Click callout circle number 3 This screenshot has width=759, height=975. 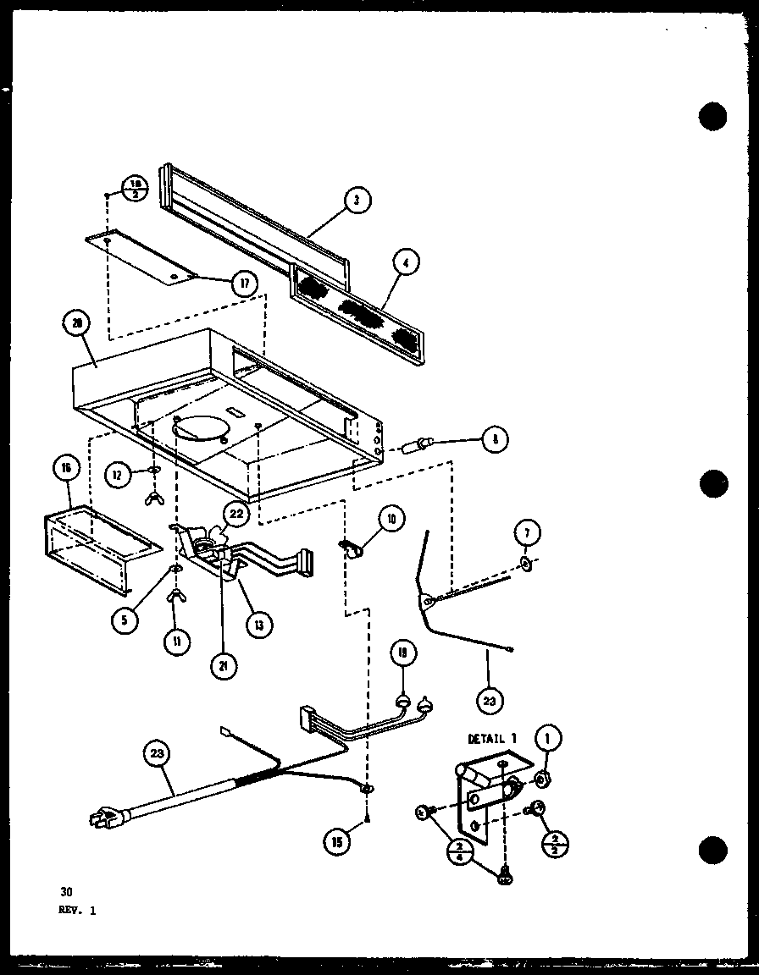(x=357, y=201)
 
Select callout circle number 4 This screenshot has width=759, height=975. (x=406, y=264)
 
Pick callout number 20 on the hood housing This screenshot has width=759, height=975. (x=78, y=323)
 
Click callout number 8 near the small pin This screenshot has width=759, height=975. (x=493, y=438)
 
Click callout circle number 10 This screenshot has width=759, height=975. (x=391, y=519)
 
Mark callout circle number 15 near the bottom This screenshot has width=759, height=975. (x=337, y=841)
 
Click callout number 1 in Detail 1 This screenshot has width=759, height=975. (x=546, y=739)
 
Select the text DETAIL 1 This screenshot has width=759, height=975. (x=491, y=739)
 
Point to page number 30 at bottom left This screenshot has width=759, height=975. (x=65, y=890)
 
